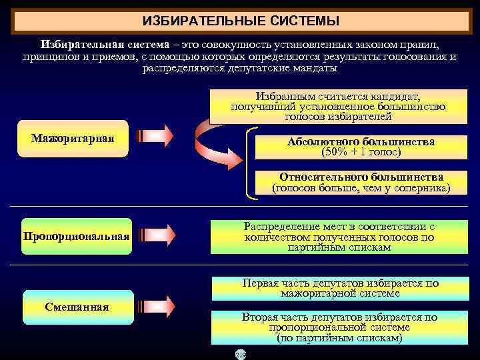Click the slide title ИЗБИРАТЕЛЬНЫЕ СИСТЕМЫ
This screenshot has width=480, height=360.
pyautogui.click(x=241, y=21)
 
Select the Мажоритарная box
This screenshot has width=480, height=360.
pyautogui.click(x=73, y=139)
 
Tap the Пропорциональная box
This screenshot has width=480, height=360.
pyautogui.click(x=76, y=237)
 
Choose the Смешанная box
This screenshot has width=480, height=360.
pyautogui.click(x=77, y=307)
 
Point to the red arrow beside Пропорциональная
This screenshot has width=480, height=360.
pyautogui.click(x=155, y=235)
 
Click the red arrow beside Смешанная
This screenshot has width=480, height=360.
pyautogui.click(x=155, y=305)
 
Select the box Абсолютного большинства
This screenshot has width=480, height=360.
pyautogui.click(x=361, y=147)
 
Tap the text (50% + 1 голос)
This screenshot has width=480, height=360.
pyautogui.click(x=361, y=152)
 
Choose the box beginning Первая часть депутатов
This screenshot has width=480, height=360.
pyautogui.click(x=340, y=288)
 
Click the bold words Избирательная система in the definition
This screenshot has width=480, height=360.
pyautogui.click(x=91, y=44)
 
